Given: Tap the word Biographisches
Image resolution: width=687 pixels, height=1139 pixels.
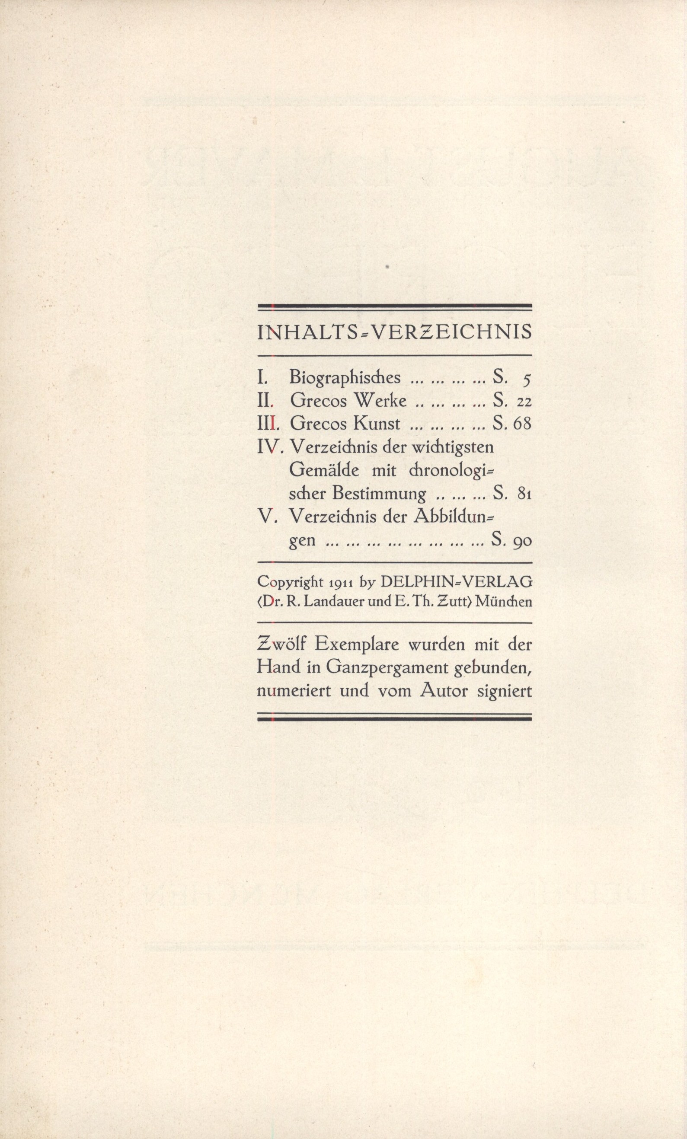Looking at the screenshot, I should (345, 378).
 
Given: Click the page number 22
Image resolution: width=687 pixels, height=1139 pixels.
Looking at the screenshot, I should (524, 402).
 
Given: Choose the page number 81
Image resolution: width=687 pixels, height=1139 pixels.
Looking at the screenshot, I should (524, 494).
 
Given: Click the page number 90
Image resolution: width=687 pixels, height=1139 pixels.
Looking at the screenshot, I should (522, 540).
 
